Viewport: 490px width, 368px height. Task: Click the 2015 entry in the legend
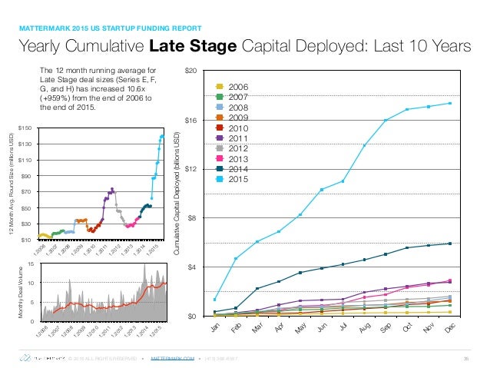pyautogui.click(x=237, y=179)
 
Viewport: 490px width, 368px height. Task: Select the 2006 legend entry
pyautogui.click(x=237, y=88)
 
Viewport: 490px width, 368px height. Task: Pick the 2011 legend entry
pyautogui.click(x=237, y=138)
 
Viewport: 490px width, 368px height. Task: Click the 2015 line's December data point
pyautogui.click(x=449, y=104)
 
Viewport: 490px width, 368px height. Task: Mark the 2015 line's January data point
pyautogui.click(x=215, y=300)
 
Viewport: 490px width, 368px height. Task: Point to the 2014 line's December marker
pyautogui.click(x=449, y=244)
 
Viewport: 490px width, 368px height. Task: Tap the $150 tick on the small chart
pyautogui.click(x=24, y=127)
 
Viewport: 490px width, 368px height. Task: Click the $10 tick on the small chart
pyautogui.click(x=25, y=240)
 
